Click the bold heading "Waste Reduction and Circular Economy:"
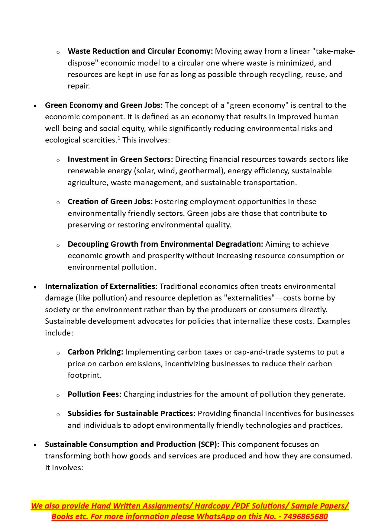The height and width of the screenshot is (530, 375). (x=140, y=51)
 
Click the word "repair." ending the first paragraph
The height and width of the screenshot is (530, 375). (x=79, y=86)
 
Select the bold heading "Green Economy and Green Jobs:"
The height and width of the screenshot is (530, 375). (x=104, y=105)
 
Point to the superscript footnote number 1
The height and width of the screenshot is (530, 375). (x=119, y=138)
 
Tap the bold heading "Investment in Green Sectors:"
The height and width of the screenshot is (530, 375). (x=120, y=159)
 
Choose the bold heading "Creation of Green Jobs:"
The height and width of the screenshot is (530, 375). (x=110, y=202)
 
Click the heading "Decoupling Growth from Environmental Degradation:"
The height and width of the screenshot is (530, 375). (x=165, y=244)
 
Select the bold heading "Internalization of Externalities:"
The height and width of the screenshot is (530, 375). (x=101, y=287)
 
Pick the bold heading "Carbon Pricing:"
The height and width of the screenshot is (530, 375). (x=95, y=352)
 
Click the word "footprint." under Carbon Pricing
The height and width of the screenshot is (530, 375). (x=85, y=375)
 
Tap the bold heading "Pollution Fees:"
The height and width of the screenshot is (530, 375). (x=94, y=394)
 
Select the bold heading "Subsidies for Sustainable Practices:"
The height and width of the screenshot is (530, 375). (x=131, y=414)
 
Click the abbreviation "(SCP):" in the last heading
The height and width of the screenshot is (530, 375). (x=209, y=445)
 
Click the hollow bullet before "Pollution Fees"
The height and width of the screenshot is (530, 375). (x=58, y=395)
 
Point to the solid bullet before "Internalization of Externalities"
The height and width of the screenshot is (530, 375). (x=35, y=287)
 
